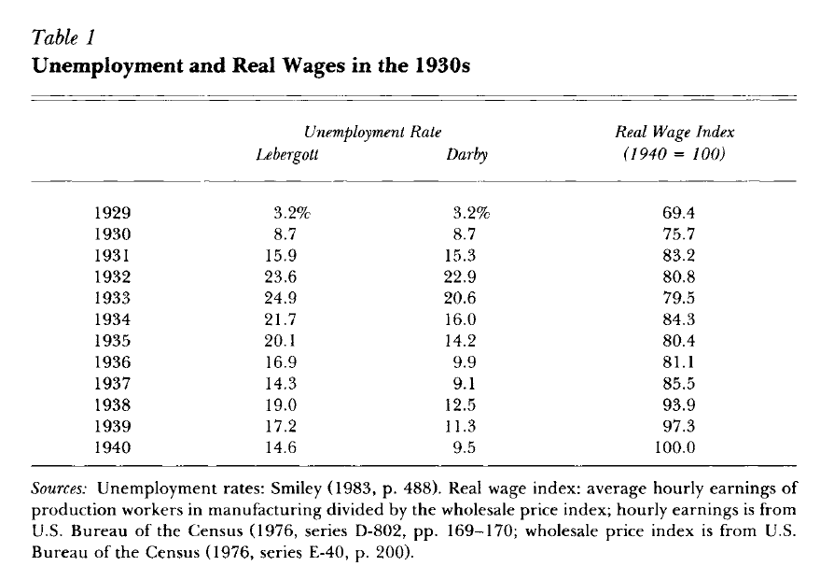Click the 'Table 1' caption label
point(63,37)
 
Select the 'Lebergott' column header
point(287,154)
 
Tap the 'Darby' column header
point(466,154)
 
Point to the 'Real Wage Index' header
point(674,132)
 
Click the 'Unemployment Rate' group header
point(372,132)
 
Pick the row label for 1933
point(112,298)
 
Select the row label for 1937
point(112,384)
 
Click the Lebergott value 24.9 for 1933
point(280,298)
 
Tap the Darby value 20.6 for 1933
point(460,298)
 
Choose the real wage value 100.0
point(674,447)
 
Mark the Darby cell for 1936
point(464,362)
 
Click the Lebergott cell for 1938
point(280,404)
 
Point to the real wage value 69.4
point(678,213)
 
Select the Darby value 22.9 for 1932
point(460,277)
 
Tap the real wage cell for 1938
point(678,404)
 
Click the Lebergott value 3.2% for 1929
point(291,213)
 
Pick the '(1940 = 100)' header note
point(674,154)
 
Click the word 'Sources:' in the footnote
point(59,488)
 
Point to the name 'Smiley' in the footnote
point(297,488)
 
